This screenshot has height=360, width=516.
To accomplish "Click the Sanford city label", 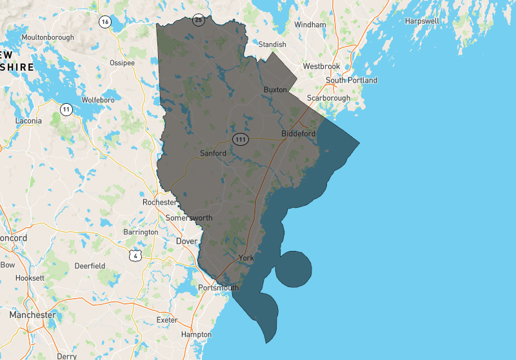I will pos(213,154).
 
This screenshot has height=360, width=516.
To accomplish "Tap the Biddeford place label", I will pos(299,134).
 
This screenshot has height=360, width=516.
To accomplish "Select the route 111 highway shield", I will pos(241,139).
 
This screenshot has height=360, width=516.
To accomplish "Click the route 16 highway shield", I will pos(104,22).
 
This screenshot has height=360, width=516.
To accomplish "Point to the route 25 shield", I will pos(199,20).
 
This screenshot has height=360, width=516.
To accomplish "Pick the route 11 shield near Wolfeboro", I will pos(66,110).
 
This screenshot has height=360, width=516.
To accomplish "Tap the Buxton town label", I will pos(275,90).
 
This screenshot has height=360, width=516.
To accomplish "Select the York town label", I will pos(246,257).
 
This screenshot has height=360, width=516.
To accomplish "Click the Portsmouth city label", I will pos(219,287).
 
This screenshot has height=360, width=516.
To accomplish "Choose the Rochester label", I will pos(159,202).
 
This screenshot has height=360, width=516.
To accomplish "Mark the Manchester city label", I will pos(32,315).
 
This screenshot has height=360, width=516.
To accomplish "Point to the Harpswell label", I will pos(422,21).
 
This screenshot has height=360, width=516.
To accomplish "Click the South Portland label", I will pos(352,81).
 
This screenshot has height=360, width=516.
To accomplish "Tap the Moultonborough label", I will pos(48,37).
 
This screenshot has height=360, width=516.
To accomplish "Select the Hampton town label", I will pos(196,335).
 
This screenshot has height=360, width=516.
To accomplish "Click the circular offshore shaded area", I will pos(293,268).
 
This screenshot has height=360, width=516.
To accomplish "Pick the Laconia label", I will pos(28,121).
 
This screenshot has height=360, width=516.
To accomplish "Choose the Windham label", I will pos(306,25).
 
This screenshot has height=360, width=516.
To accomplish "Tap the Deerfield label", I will pos(90,266).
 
